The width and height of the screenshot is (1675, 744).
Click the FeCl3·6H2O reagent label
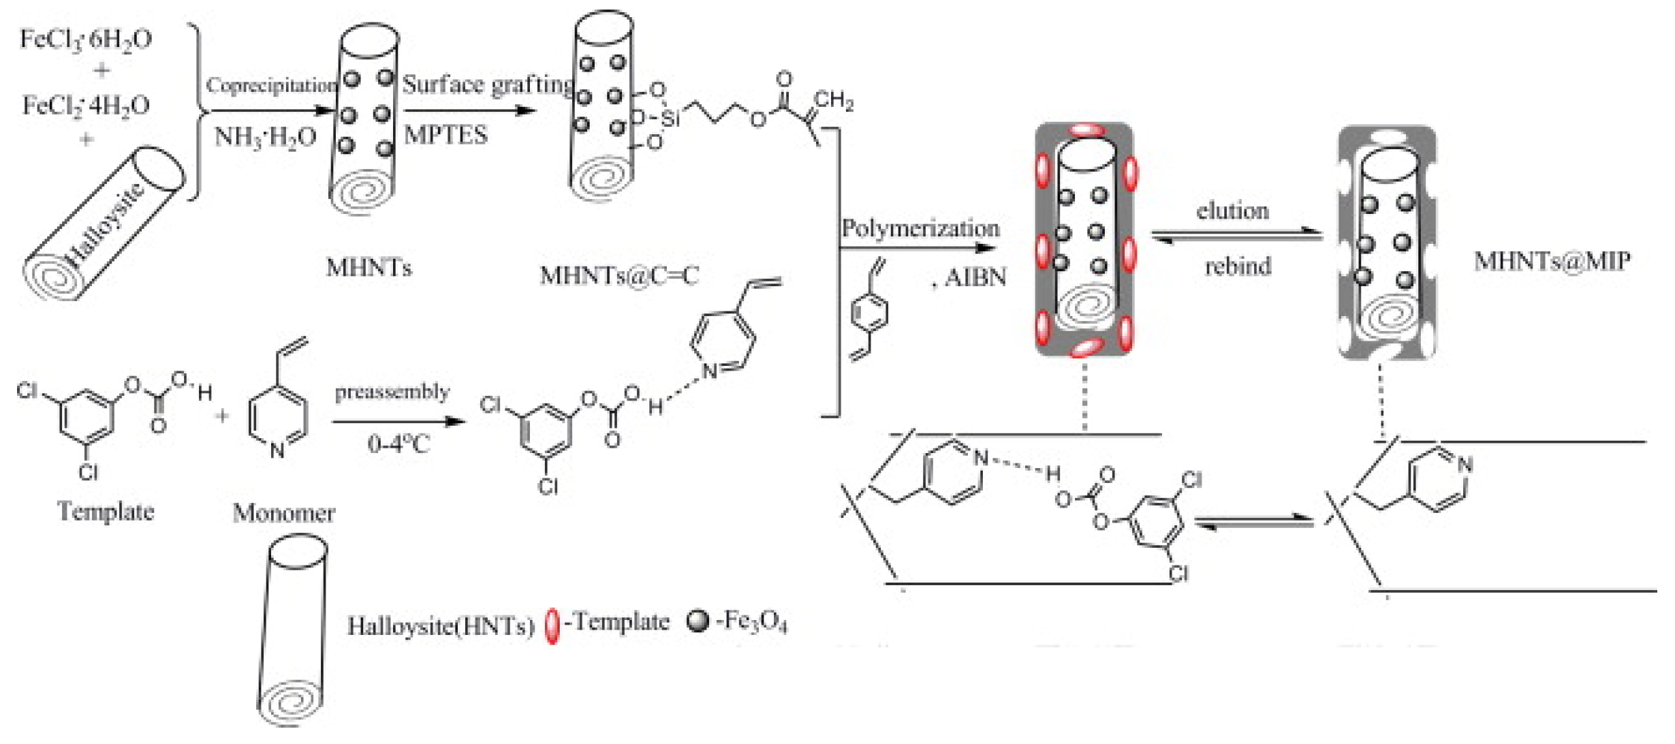coord(85,40)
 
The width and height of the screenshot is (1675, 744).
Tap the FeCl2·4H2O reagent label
coord(86,106)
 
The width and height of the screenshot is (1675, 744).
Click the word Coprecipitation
coord(272,86)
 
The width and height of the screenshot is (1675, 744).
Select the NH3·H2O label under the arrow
coord(265,137)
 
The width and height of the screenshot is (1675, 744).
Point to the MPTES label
coord(445,135)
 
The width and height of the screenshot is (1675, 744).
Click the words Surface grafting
coord(488,84)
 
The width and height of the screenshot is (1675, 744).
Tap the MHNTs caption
coord(369,268)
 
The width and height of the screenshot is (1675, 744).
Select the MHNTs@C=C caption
coord(619,276)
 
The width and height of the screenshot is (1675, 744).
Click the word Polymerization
coord(920,228)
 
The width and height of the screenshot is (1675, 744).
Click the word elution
coord(1233,211)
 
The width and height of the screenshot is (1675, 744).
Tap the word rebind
coord(1238,266)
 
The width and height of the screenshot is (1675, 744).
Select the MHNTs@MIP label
coord(1552,262)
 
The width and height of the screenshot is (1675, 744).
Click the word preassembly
coord(392,392)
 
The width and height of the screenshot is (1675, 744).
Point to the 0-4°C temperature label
coord(398,445)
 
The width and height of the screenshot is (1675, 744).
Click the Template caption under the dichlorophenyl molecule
coord(106,512)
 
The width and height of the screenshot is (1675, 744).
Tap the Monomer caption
coord(283,513)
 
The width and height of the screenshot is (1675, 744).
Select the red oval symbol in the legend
coord(552,625)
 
